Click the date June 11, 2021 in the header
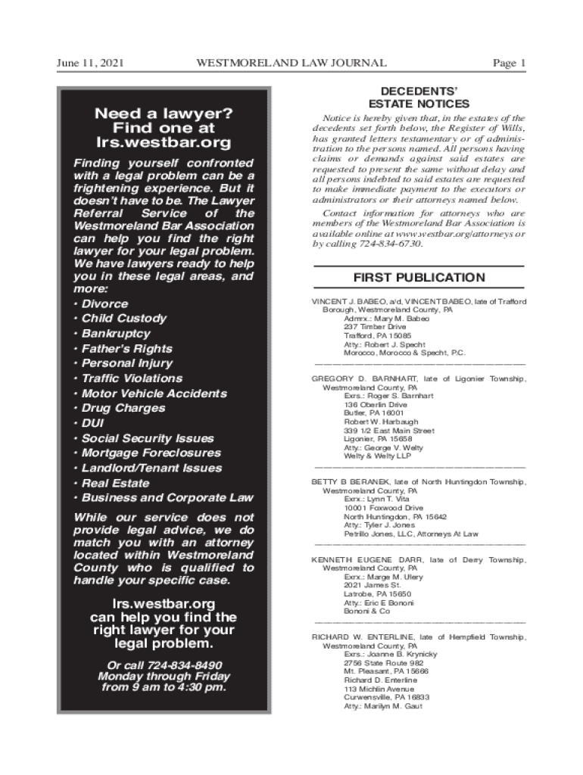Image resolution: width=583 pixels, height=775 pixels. click(x=91, y=63)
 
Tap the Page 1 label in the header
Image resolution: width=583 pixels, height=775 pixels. click(x=509, y=63)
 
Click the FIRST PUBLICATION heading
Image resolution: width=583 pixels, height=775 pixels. click(x=419, y=278)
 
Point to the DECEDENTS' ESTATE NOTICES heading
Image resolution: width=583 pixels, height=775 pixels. click(x=419, y=98)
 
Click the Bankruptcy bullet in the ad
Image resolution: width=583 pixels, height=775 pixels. click(x=116, y=334)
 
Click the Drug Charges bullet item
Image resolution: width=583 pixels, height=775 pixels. click(x=123, y=408)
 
